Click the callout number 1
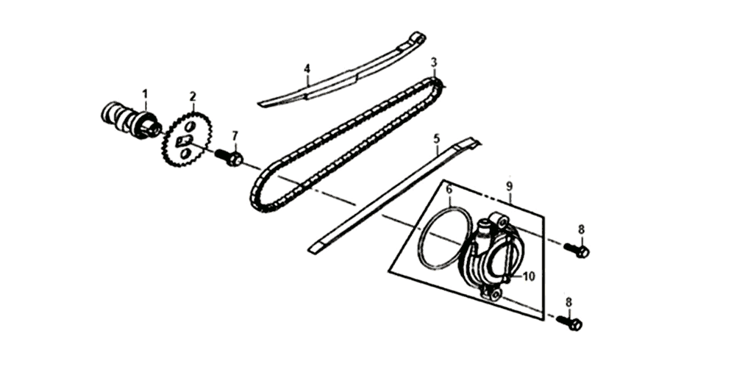146,93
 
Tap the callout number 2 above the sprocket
193,96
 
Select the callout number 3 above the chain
434,63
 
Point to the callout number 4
307,69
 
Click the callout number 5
437,139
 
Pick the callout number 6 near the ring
449,190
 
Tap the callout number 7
235,137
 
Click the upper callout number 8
582,229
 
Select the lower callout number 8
568,302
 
